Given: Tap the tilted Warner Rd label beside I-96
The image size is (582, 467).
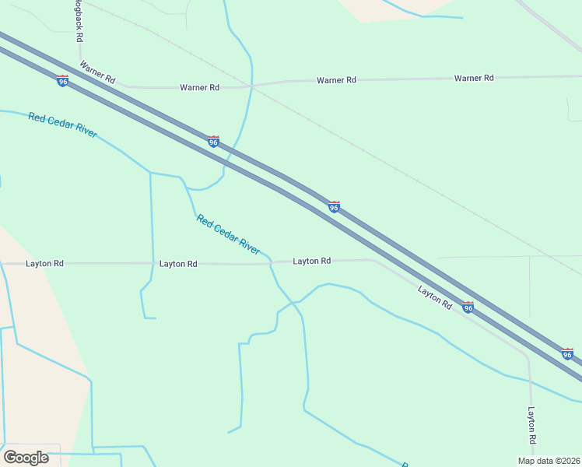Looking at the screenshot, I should (98, 74).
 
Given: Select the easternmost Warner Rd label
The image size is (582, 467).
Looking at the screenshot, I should (474, 78).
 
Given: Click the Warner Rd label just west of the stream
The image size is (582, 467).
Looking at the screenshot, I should (199, 87).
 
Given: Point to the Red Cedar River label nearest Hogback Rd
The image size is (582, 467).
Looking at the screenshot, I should (62, 125).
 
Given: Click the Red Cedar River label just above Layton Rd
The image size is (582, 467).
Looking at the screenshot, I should (228, 234).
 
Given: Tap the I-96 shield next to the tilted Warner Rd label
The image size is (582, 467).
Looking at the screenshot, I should (63, 81).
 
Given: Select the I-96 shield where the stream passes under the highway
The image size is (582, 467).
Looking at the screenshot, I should (213, 142).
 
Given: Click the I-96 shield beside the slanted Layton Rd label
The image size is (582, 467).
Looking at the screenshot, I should (468, 308).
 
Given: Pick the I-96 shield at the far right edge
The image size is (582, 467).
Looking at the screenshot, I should (568, 354).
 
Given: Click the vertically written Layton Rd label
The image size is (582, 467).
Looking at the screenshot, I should (532, 425).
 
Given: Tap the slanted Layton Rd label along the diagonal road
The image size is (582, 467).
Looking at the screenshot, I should (434, 297).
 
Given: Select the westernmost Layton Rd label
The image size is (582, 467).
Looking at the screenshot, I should (44, 263).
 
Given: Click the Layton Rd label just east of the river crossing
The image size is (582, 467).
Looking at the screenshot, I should (312, 261).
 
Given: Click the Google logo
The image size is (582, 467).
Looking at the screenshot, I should (26, 457).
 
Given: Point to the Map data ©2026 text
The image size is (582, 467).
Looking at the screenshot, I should (549, 461).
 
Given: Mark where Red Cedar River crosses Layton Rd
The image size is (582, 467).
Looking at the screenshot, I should (270, 263).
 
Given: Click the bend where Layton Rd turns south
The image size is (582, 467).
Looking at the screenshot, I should (528, 359).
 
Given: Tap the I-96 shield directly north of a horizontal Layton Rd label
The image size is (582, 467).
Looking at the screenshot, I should (334, 207).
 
